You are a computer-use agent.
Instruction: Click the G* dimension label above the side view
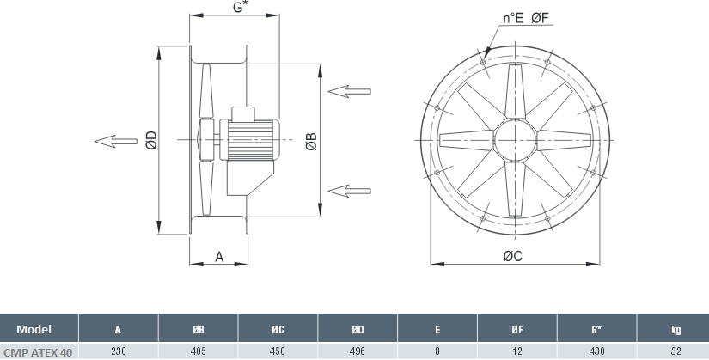[x=240, y=7]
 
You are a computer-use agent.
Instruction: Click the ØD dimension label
[x=151, y=140]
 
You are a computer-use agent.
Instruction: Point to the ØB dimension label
[x=312, y=142]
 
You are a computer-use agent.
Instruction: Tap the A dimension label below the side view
[x=219, y=257]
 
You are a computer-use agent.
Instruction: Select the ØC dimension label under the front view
[x=513, y=256]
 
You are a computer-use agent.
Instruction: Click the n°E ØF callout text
[x=525, y=18]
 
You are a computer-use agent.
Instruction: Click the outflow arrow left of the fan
[x=116, y=141]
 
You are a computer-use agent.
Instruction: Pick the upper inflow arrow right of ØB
[x=349, y=91]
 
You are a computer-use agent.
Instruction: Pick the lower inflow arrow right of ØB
[x=349, y=191]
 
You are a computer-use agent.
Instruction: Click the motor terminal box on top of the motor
[x=243, y=113]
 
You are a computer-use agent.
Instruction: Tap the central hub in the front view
[x=516, y=140]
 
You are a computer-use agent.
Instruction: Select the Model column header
[x=34, y=329]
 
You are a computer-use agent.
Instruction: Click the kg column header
[x=675, y=330]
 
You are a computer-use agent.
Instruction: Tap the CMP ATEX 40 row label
[x=38, y=352]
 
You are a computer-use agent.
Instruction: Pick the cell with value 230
[x=118, y=351]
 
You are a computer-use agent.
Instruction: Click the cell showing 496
[x=358, y=351]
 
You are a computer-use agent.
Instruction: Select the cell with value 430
[x=597, y=351]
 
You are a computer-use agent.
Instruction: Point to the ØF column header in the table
[x=517, y=330]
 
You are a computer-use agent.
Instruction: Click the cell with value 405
[x=198, y=351]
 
